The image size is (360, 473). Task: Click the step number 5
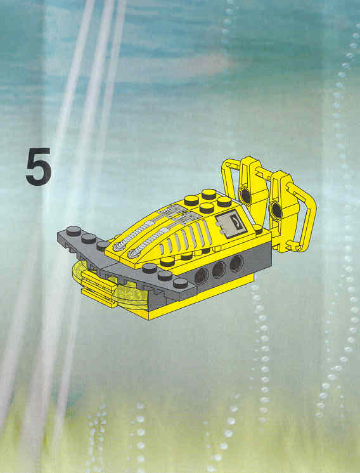[38, 167]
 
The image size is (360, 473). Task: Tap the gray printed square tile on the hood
[231, 224]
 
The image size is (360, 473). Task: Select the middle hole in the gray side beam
[219, 269]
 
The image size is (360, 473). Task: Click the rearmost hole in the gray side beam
[236, 263]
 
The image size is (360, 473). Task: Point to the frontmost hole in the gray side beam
[201, 276]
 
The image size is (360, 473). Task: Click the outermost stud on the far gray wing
[74, 231]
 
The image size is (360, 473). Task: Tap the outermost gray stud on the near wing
[180, 283]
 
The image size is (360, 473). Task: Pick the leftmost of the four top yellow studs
[191, 200]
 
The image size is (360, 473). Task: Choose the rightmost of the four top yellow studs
[224, 202]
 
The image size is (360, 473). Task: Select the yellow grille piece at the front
[98, 287]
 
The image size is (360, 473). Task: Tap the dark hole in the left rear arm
[246, 196]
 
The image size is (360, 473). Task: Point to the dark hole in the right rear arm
[276, 211]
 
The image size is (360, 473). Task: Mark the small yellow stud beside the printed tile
[258, 230]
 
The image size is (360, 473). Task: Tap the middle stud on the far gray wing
[89, 238]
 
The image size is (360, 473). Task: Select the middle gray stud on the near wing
[165, 275]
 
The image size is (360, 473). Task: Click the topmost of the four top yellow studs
[209, 194]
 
